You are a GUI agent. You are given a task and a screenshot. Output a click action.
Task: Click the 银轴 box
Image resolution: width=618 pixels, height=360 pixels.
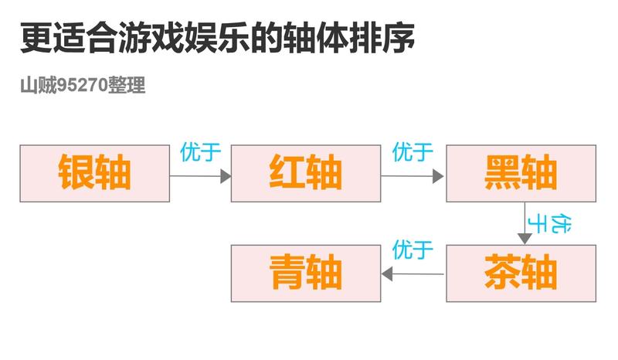tap(94, 174)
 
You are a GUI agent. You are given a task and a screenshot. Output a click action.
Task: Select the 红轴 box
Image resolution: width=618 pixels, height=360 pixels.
tap(306, 174)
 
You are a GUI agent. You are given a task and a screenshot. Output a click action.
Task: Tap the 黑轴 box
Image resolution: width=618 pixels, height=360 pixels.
tap(521, 174)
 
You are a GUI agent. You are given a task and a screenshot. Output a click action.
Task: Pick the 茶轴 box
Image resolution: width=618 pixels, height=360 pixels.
tap(521, 273)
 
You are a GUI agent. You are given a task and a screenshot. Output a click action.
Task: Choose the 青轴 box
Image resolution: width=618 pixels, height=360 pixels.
tap(306, 273)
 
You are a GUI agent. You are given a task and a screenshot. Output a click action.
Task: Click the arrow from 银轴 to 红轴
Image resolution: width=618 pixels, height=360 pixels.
tap(200, 176)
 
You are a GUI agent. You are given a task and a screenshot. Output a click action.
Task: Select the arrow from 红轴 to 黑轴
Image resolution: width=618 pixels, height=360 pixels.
tap(413, 176)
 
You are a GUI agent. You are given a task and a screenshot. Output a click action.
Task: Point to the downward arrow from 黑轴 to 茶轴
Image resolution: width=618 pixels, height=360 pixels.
tap(525, 223)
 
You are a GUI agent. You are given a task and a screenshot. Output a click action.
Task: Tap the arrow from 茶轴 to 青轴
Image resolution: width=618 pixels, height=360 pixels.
tap(413, 273)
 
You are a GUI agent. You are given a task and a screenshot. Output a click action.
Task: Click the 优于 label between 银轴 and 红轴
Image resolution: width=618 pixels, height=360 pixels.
tap(201, 152)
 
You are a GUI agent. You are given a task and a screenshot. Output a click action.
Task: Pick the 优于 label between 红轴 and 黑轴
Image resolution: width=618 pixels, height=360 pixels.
tap(413, 152)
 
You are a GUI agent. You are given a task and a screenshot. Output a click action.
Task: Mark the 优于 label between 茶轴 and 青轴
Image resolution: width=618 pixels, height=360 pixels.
tap(413, 250)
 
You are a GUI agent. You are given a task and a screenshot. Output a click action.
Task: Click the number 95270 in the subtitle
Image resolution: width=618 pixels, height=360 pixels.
tap(83, 85)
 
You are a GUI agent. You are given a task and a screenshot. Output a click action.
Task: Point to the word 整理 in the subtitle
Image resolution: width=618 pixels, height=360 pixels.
tap(127, 85)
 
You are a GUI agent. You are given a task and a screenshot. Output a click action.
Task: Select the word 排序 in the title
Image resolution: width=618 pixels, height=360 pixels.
tap(382, 38)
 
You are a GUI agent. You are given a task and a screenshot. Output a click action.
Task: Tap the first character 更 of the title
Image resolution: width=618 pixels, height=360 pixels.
tap(36, 38)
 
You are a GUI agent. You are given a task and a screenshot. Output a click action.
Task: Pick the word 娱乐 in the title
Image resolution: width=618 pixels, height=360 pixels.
tap(218, 38)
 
